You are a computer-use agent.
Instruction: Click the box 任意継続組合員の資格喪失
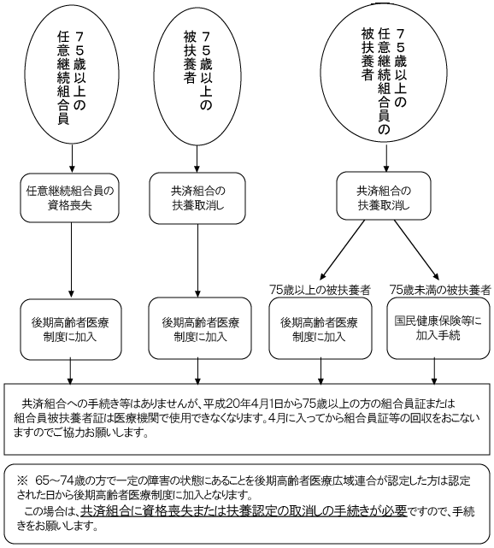pyautogui.click(x=70, y=198)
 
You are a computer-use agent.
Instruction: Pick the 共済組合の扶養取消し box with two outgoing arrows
pyautogui.click(x=384, y=196)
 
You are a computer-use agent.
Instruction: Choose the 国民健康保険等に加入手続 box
pyautogui.click(x=438, y=328)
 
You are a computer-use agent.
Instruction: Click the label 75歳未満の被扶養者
pyautogui.click(x=440, y=290)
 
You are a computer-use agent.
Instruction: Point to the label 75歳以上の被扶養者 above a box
pyautogui.click(x=320, y=290)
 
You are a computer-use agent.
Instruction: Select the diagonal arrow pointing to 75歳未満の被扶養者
pyautogui.click(x=416, y=250)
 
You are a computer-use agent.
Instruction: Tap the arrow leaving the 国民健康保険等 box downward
pyautogui.click(x=434, y=372)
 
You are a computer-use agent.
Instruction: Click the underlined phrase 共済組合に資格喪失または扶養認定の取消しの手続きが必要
pyautogui.click(x=244, y=511)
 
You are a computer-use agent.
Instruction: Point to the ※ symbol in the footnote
pyautogui.click(x=21, y=481)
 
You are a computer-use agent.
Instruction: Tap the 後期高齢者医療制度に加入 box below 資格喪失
pyautogui.click(x=71, y=329)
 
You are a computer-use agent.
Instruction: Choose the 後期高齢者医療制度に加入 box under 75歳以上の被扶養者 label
pyautogui.click(x=321, y=328)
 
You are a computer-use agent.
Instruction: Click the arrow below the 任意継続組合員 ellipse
pyautogui.click(x=72, y=158)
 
